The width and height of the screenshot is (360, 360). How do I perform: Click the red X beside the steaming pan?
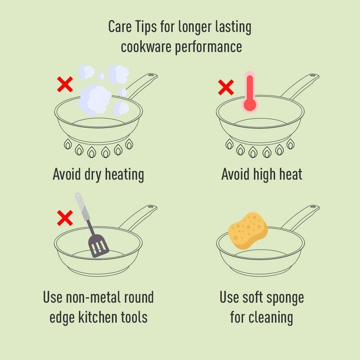65,84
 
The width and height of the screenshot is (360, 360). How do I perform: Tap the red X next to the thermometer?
226,87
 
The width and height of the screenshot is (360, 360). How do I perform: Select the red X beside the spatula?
65,218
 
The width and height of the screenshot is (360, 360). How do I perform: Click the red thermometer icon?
250,92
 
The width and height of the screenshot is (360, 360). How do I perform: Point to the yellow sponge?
248,230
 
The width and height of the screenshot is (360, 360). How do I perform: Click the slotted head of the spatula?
99,246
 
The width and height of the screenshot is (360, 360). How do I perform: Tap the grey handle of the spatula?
82,207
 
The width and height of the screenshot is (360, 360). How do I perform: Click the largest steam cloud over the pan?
95,99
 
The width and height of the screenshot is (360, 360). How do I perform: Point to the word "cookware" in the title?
146,47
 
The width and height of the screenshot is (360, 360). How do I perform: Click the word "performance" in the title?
208,47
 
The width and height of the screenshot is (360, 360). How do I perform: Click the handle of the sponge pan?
300,218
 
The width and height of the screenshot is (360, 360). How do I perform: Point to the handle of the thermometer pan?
300,86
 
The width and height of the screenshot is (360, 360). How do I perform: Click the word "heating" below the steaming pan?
124,175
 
